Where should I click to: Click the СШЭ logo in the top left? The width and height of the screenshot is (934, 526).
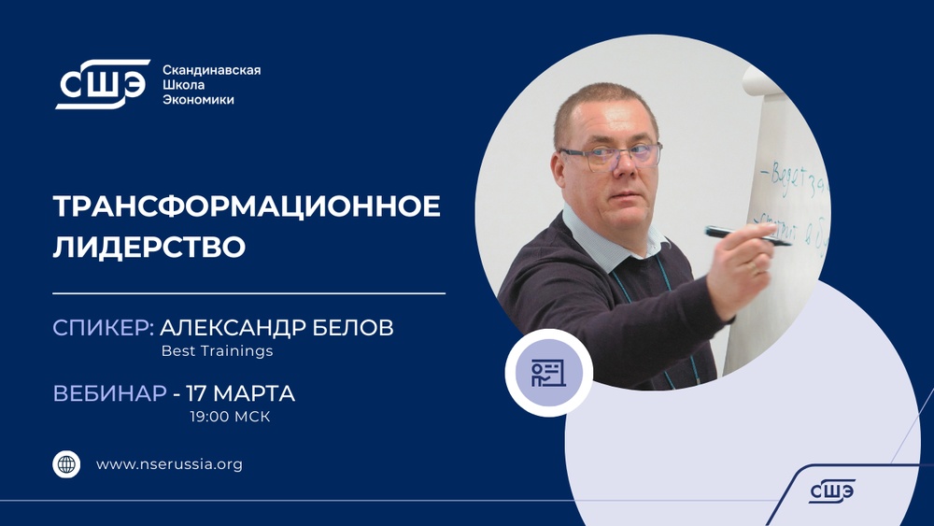click(102, 84)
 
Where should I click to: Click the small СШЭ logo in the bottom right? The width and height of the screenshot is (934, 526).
click(831, 490)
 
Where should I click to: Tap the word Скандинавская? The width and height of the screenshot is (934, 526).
click(211, 70)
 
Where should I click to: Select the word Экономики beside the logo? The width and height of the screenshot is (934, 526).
click(198, 100)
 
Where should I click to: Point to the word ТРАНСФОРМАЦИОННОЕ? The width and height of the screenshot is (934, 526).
click(247, 207)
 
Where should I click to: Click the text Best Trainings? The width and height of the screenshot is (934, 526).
click(217, 352)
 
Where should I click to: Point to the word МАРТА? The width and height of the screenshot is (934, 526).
click(258, 393)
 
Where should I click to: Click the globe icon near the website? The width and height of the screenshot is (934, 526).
click(66, 464)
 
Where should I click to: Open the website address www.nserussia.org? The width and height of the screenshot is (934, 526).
click(169, 464)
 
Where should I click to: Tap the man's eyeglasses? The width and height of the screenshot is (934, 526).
click(612, 155)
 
